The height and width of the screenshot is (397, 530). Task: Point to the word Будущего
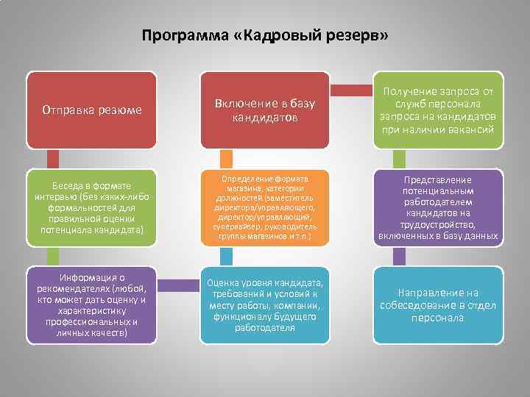pos(296,317)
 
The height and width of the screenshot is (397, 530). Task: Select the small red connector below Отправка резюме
pos(53,159)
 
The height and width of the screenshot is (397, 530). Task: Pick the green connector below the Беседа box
pos(53,254)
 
